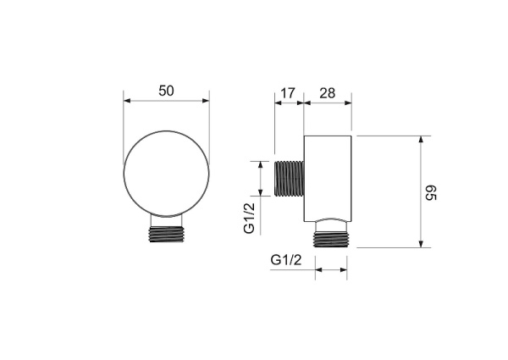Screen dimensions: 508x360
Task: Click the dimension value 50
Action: tap(166, 91)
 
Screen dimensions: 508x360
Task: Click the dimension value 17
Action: tap(288, 93)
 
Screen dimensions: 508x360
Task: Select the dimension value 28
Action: tap(327, 93)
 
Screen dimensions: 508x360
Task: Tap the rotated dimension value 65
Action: tap(431, 193)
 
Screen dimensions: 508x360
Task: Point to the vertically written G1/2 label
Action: tap(250, 218)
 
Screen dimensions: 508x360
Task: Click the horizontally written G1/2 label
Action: tap(286, 260)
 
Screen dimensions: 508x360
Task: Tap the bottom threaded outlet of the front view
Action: tap(166, 234)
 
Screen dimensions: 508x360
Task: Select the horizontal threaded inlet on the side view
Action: tap(289, 179)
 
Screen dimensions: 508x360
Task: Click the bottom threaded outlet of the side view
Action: tap(331, 240)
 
